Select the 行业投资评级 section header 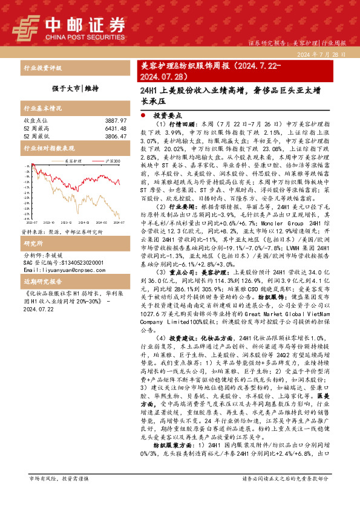click(42, 68)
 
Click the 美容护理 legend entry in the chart click(70, 161)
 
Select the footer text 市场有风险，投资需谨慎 click(59, 494)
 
